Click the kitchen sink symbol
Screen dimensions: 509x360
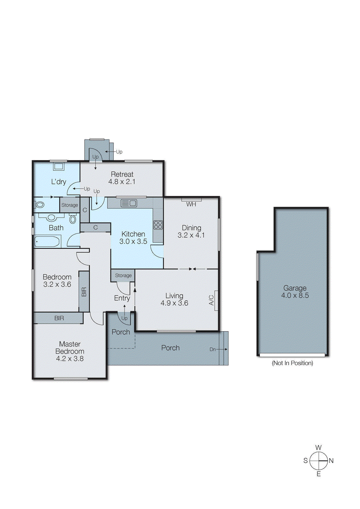coord(129,203)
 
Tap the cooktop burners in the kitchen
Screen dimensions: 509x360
coord(158,225)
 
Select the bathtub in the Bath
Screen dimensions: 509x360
coord(47,242)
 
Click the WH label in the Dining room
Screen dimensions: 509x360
coord(191,204)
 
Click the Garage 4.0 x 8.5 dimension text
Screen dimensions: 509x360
coord(295,296)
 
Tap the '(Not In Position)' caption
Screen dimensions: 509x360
coord(292,363)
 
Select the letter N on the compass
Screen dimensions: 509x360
coord(331,461)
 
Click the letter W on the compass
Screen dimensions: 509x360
coord(318,448)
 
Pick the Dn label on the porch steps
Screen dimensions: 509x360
coord(213,349)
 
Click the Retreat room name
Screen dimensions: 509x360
coord(122,174)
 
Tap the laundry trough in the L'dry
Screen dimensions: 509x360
coord(59,166)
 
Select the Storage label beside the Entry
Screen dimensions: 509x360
coord(123,275)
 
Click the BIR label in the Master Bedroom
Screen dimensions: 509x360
coord(59,318)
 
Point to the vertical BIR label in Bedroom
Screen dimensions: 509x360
coord(84,292)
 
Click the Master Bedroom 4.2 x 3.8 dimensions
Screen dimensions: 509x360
coord(70,359)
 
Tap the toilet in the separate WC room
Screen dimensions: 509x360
coord(40,204)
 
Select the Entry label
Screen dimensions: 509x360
coord(122,298)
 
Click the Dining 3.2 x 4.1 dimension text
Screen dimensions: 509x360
coord(191,235)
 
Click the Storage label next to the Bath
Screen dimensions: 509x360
coord(69,205)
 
